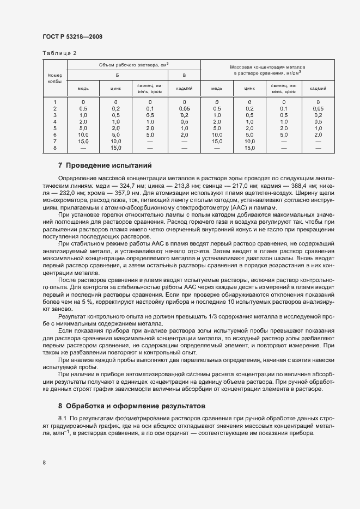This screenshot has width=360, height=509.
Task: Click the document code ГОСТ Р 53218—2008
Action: [72, 36]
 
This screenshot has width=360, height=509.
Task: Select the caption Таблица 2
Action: [59, 53]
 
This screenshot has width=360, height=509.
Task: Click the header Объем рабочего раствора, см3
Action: [133, 64]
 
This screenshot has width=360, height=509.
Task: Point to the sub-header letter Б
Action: [117, 75]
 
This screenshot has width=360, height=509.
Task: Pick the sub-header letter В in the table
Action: [184, 75]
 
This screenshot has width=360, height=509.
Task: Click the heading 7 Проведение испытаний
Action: [105, 165]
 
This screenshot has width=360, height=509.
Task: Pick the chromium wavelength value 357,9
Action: [123, 192]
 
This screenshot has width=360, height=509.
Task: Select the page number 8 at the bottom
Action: [44, 463]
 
